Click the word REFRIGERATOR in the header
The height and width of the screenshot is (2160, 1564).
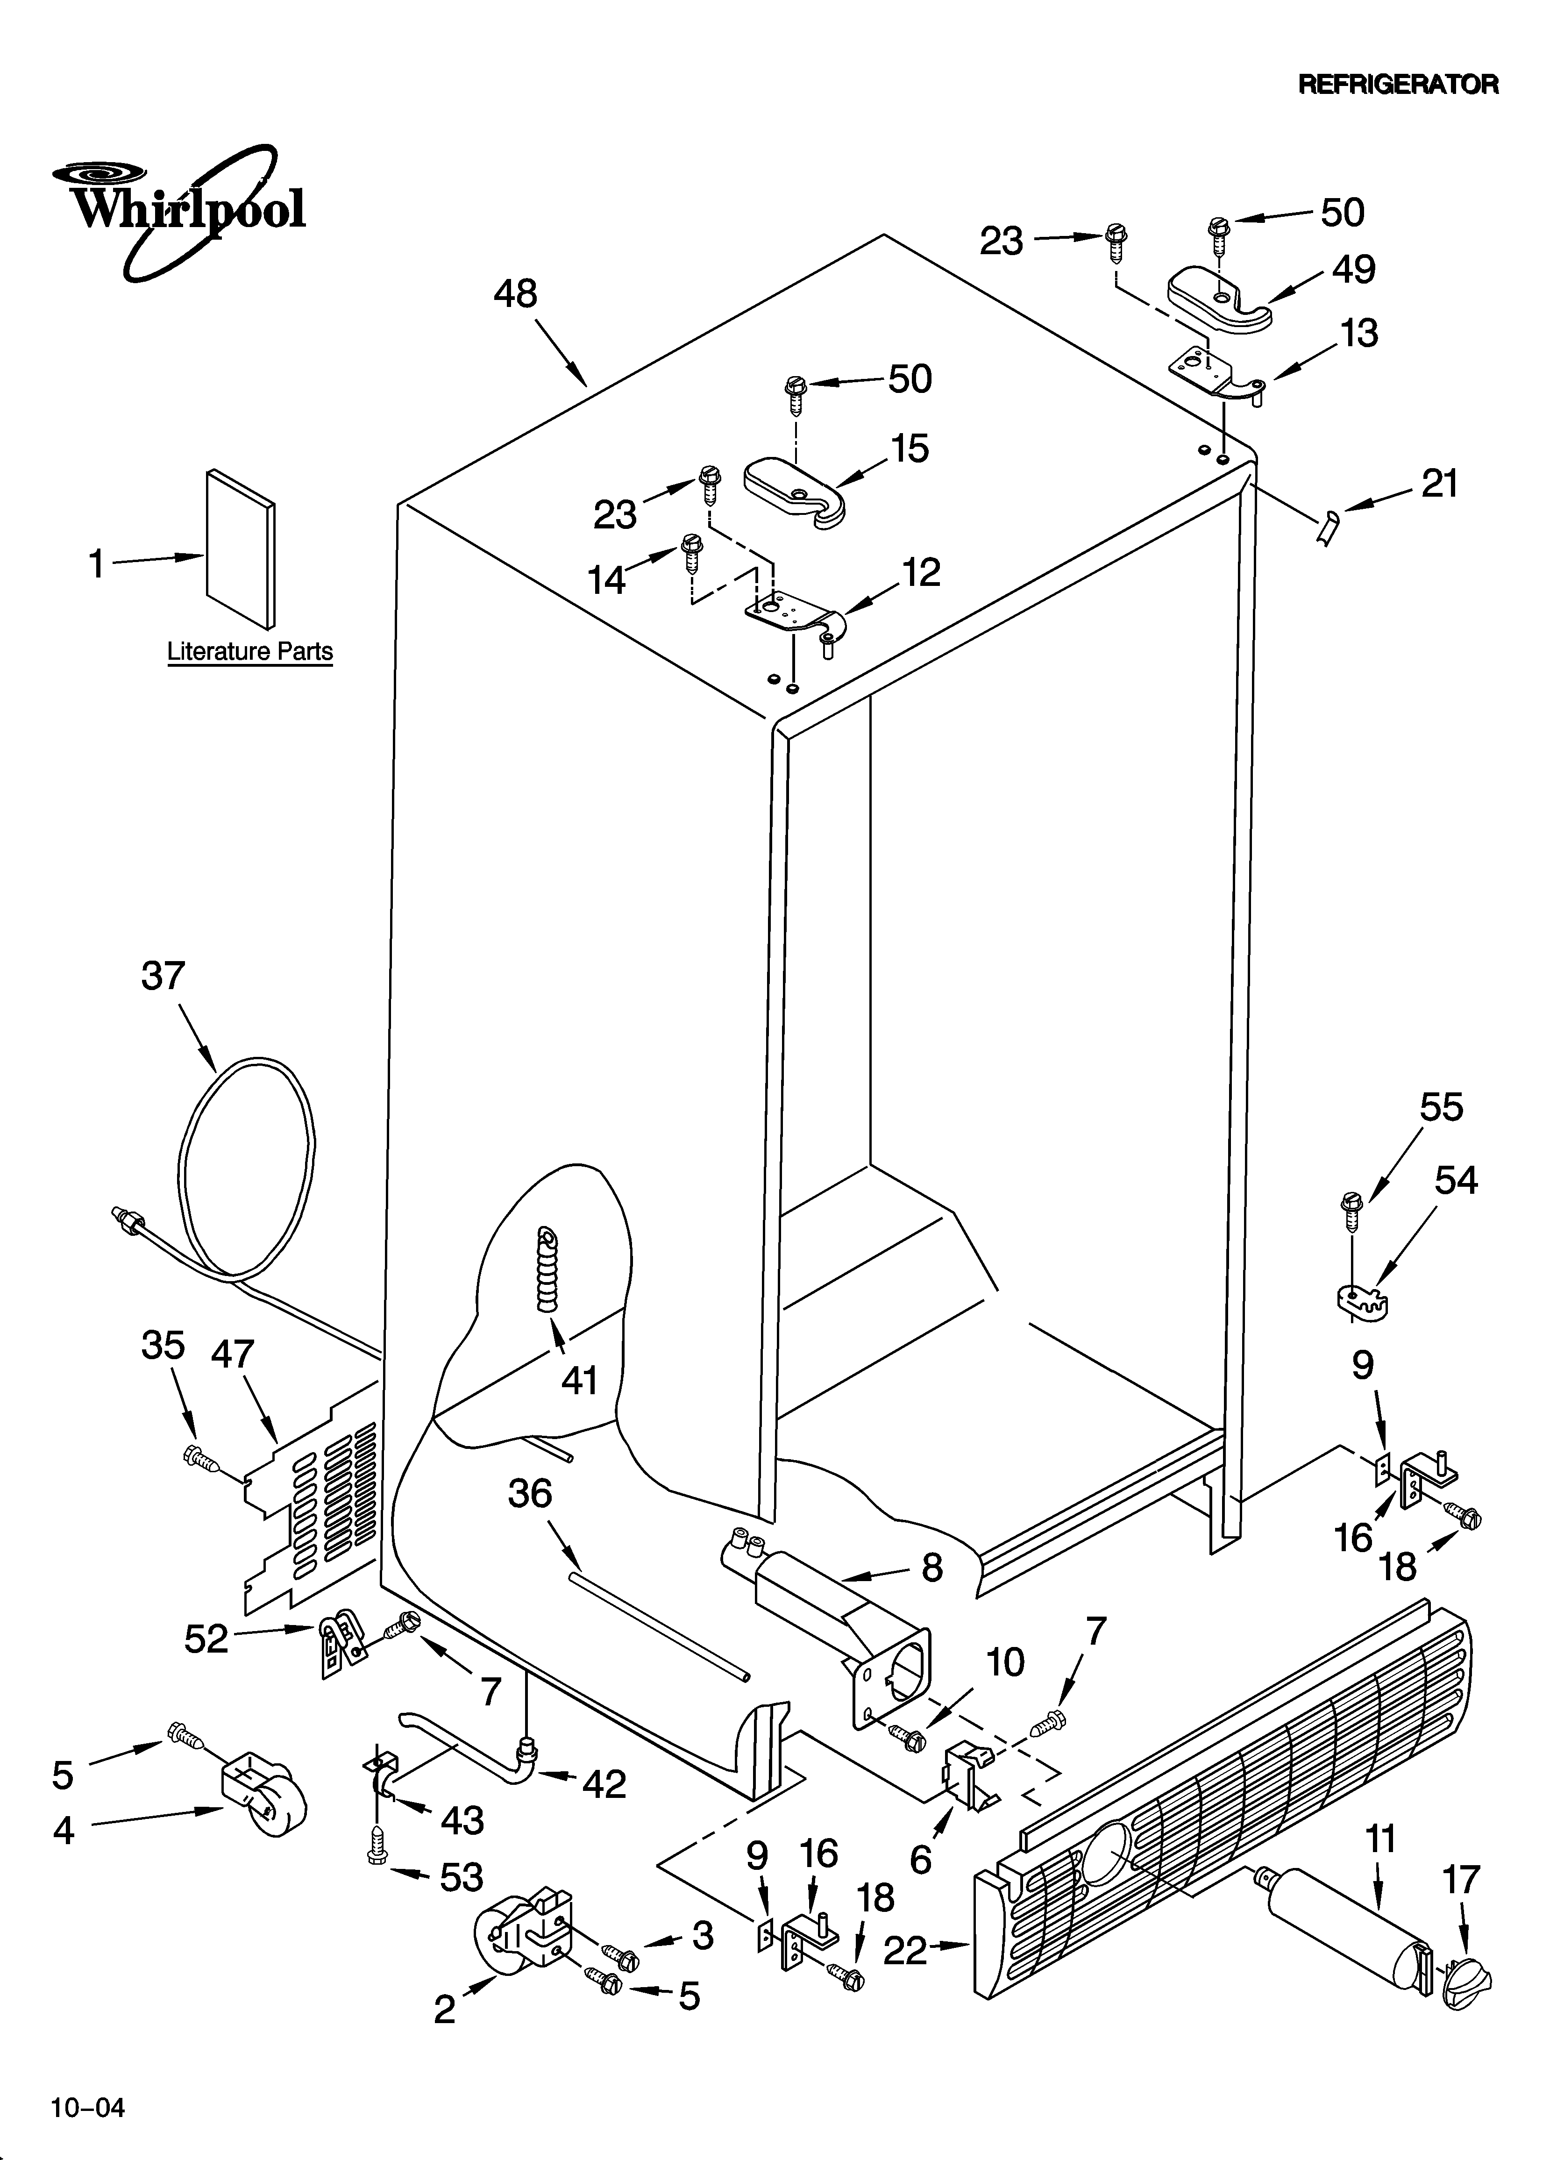pos(1398,85)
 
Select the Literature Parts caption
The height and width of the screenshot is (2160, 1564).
pos(249,652)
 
